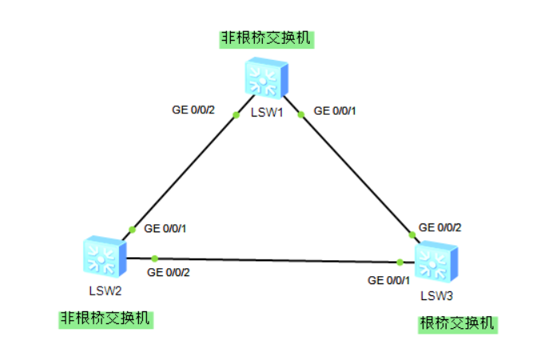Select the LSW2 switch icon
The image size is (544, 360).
pyautogui.click(x=104, y=257)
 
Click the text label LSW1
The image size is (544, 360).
pyautogui.click(x=268, y=113)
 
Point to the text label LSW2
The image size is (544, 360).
pyautogui.click(x=105, y=289)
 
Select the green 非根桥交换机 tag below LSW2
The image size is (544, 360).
pyautogui.click(x=105, y=318)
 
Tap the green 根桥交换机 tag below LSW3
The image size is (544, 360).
pyautogui.click(x=458, y=324)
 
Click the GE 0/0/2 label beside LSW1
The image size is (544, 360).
pyautogui.click(x=194, y=109)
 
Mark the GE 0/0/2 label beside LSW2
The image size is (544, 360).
pyautogui.click(x=169, y=272)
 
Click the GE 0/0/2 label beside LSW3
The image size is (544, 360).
pyautogui.click(x=440, y=227)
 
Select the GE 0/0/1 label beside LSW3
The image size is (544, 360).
pyautogui.click(x=388, y=280)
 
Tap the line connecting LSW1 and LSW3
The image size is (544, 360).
pyautogui.click(x=355, y=173)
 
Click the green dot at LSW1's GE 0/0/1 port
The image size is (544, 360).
pyautogui.click(x=301, y=114)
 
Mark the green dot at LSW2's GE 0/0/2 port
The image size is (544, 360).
pyautogui.click(x=155, y=258)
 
